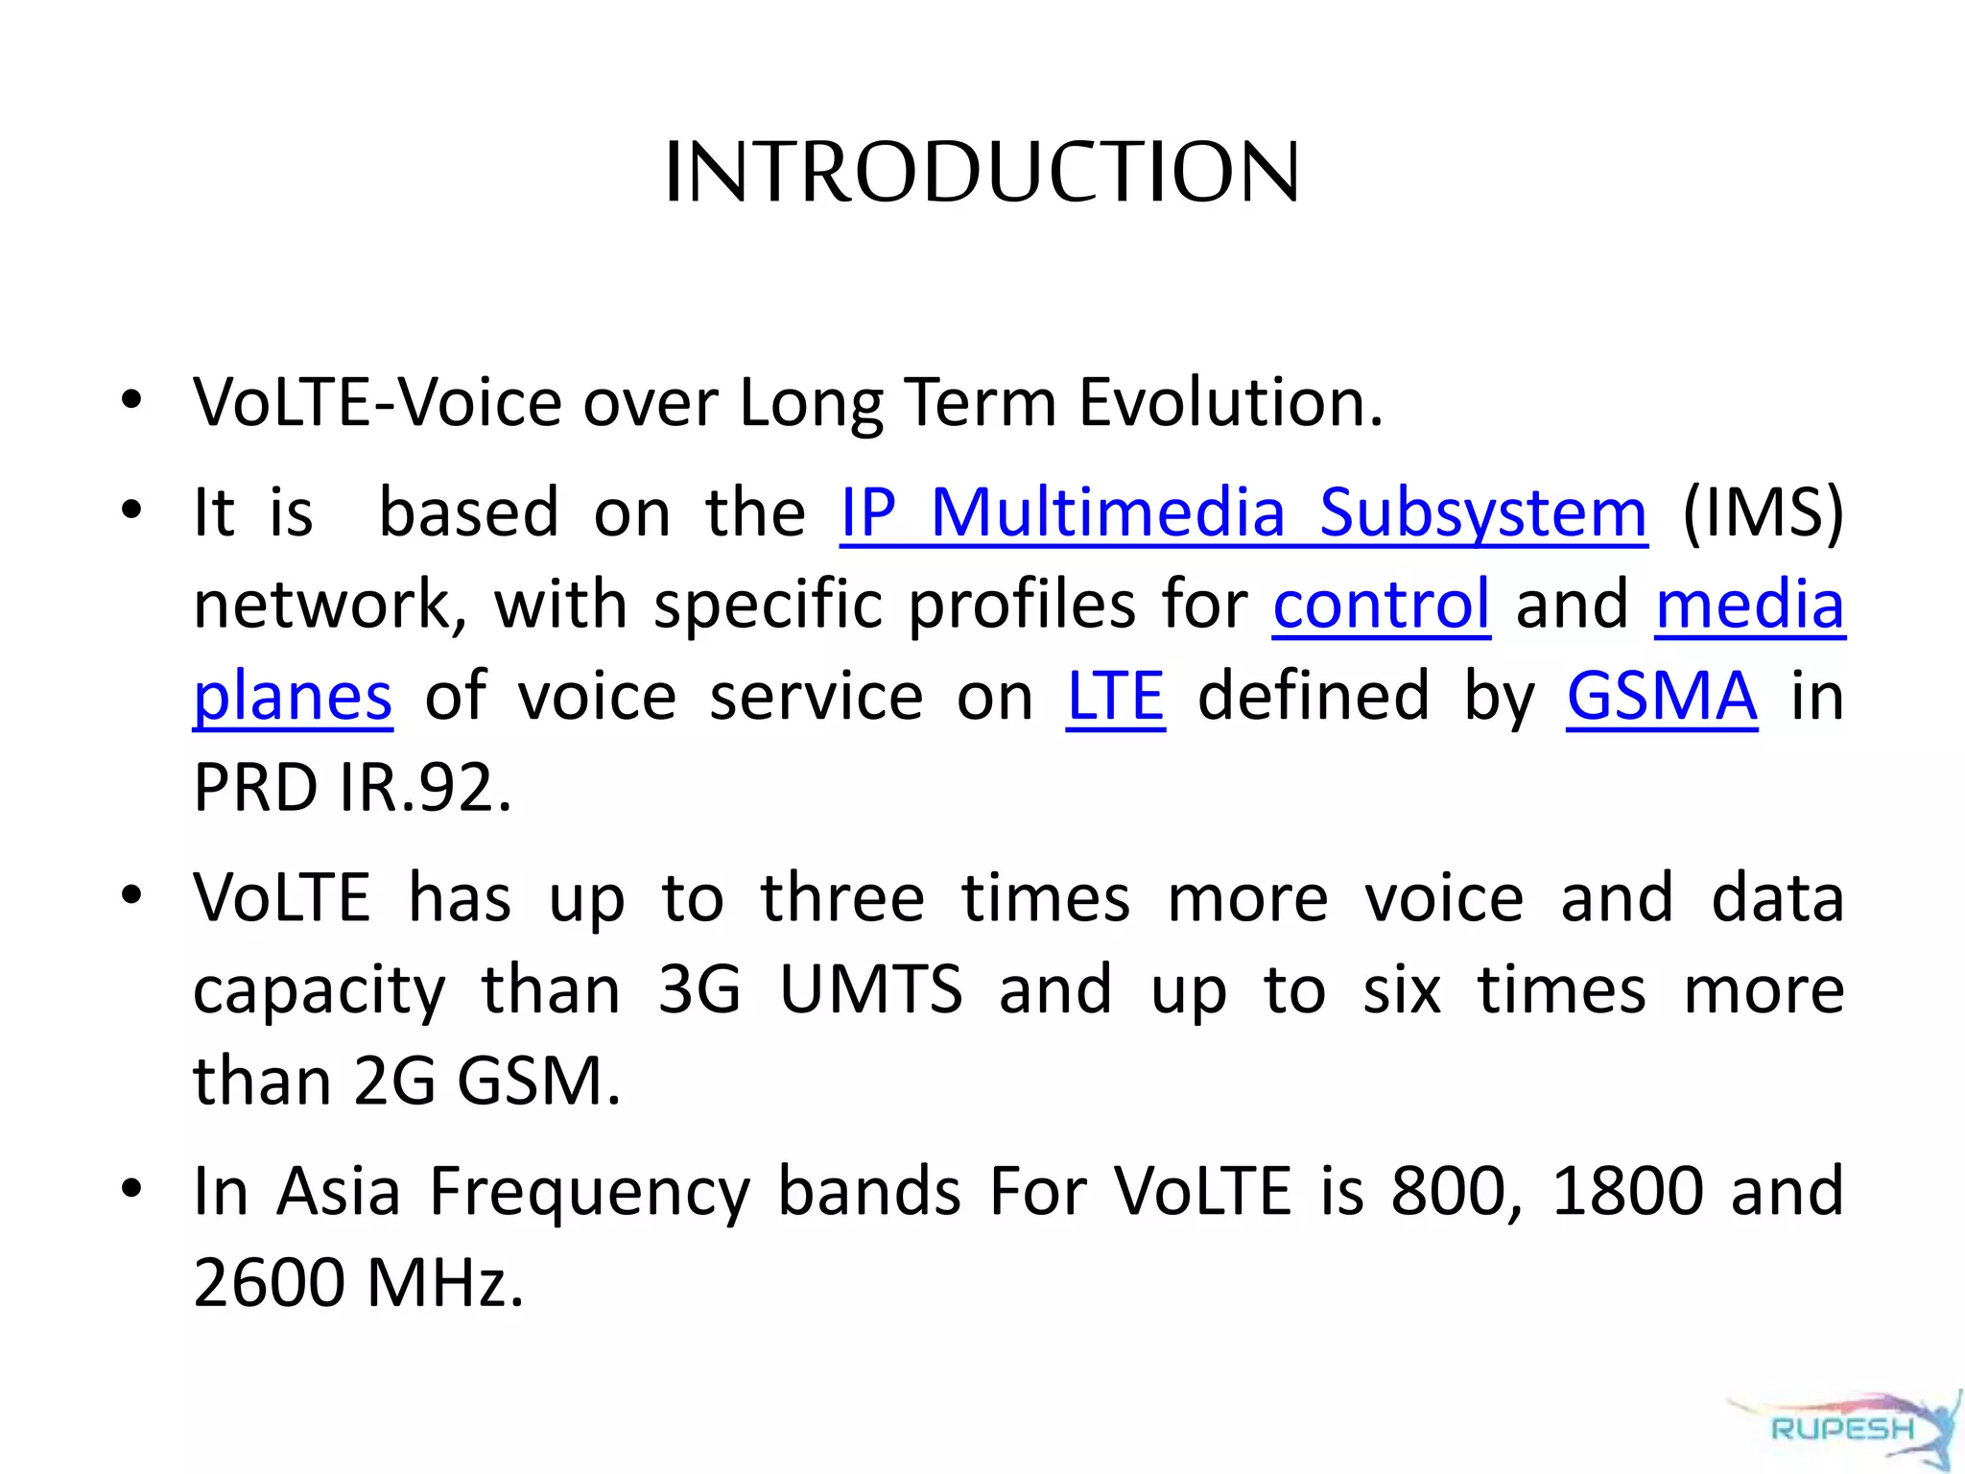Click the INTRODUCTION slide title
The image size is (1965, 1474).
[982, 173]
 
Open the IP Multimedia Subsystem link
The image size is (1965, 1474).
[1243, 513]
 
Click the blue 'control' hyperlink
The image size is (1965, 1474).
[1381, 606]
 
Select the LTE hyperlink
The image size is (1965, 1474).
[1115, 697]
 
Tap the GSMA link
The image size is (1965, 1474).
[1662, 697]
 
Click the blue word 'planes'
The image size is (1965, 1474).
[293, 698]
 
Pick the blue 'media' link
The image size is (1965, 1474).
[1749, 606]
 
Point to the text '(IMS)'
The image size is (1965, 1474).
[1763, 513]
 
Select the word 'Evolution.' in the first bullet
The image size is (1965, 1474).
[1230, 403]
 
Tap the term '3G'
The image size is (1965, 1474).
[699, 990]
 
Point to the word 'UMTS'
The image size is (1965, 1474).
[870, 990]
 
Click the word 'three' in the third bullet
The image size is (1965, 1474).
[842, 898]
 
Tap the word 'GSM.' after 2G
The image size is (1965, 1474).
[538, 1082]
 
